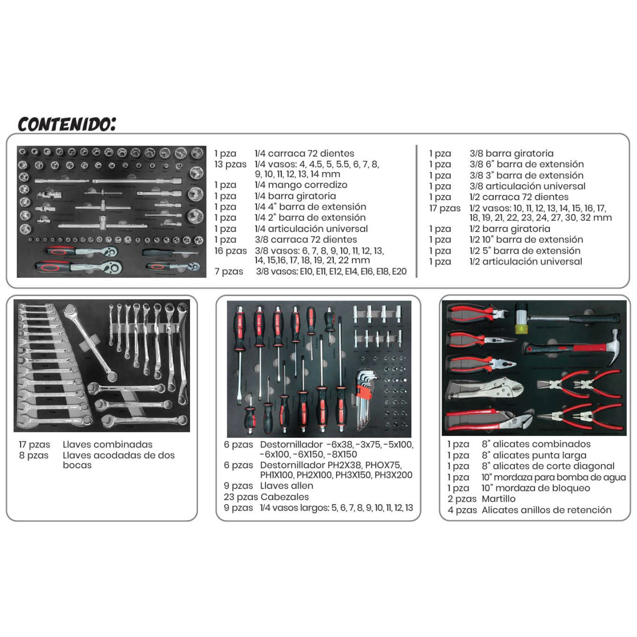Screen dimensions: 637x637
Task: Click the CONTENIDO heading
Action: (x=66, y=124)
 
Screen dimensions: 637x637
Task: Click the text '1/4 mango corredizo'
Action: (x=301, y=185)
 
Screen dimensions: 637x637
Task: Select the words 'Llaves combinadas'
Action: (x=107, y=444)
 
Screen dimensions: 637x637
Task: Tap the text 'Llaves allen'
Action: (x=287, y=486)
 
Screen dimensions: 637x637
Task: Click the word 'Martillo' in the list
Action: (x=498, y=498)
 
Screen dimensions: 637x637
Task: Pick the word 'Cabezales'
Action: (x=285, y=496)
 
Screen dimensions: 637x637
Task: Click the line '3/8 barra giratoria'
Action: (x=511, y=153)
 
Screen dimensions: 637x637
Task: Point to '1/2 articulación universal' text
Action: (x=526, y=262)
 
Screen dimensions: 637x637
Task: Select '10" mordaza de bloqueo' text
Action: (x=536, y=488)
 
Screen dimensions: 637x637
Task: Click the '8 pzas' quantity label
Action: (x=34, y=455)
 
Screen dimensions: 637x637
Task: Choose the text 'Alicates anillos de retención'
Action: (x=546, y=510)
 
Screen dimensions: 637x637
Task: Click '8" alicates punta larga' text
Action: (x=534, y=455)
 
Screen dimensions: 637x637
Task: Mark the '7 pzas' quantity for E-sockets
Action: (x=229, y=271)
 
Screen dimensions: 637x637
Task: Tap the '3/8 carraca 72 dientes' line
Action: (x=306, y=239)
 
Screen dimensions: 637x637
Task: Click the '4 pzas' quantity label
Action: (x=462, y=510)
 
